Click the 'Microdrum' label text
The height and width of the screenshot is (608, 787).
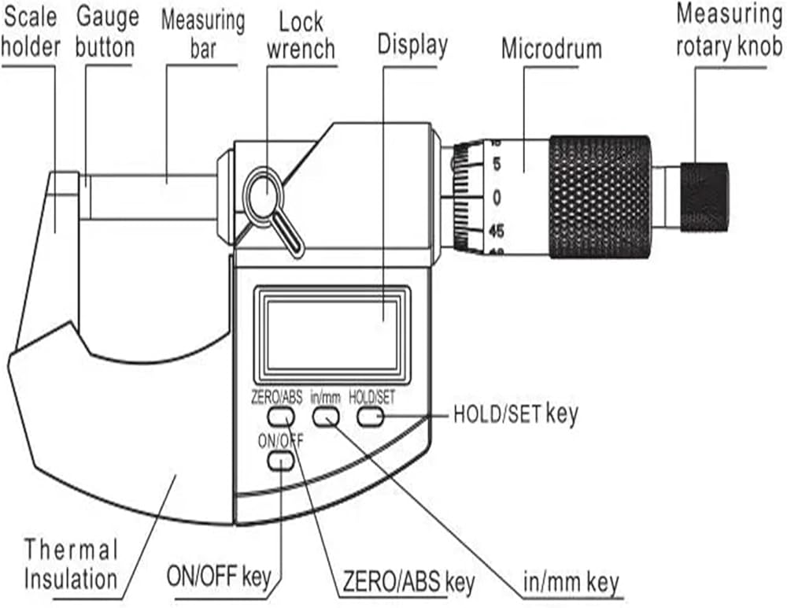pyautogui.click(x=552, y=49)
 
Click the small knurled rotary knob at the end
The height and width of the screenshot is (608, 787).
pyautogui.click(x=704, y=196)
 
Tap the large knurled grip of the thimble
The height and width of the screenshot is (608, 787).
pyautogui.click(x=600, y=197)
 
